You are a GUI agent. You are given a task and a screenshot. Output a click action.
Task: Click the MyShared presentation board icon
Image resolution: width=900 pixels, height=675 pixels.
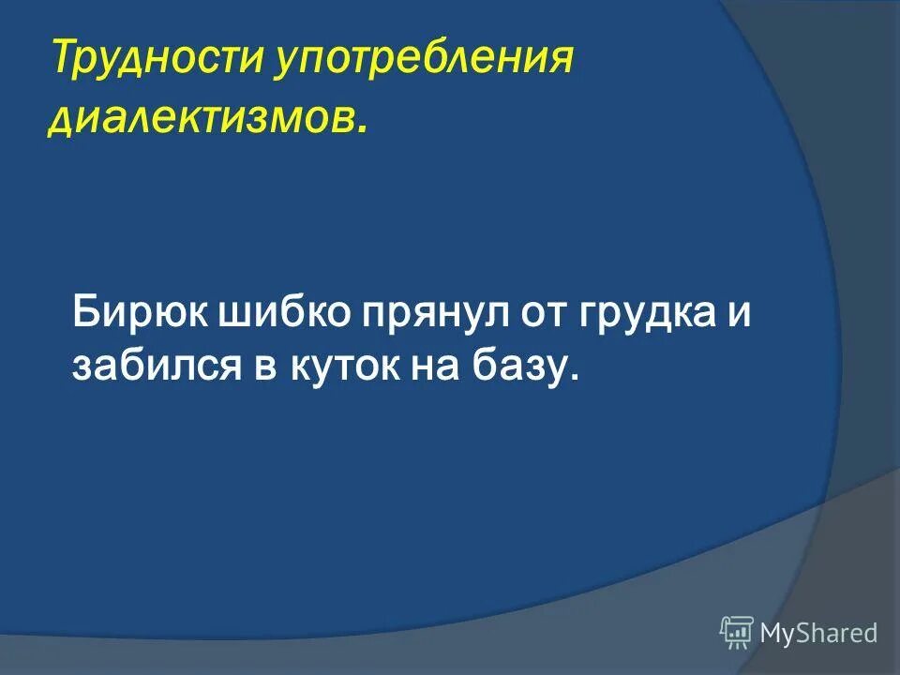(737, 633)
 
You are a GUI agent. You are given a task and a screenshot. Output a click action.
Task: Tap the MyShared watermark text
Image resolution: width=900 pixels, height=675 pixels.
(818, 634)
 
